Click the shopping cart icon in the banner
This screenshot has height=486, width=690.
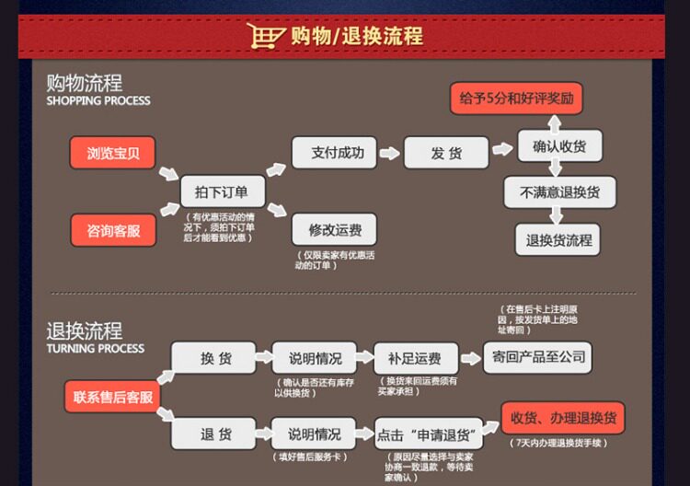(x=265, y=36)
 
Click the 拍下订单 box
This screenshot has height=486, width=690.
(x=222, y=191)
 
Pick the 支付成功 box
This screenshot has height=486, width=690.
(x=334, y=152)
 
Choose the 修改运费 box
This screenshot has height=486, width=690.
(x=334, y=229)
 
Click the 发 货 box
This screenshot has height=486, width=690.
(x=446, y=153)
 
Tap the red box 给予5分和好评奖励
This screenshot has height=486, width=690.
(x=516, y=98)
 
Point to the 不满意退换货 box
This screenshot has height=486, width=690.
(x=559, y=192)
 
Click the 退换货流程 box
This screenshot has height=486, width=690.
(x=558, y=240)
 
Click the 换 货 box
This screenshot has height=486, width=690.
(x=214, y=358)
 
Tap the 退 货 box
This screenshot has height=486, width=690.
(x=214, y=434)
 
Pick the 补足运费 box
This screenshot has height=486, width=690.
(x=415, y=358)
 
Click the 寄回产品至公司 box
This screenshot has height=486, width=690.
(x=537, y=357)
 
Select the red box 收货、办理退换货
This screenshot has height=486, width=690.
(x=562, y=418)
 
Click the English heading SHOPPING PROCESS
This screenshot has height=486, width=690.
(x=98, y=100)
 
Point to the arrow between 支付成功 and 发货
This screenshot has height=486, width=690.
(x=390, y=152)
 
